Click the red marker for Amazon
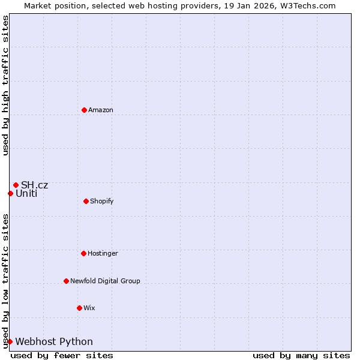coord(84,110)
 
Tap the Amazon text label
coord(100,110)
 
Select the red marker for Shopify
coord(86,201)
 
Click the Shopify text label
coord(101,201)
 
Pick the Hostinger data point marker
coord(83,253)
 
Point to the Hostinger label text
coord(103,253)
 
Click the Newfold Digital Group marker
coord(66,281)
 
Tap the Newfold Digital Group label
coord(105,281)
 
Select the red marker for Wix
coord(79,308)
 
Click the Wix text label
coord(89,308)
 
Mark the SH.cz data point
coord(16,185)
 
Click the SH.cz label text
coord(34,185)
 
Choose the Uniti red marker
coord(10,193)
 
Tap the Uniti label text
coord(26,193)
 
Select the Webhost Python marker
coord(10,341)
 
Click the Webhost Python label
coord(54,341)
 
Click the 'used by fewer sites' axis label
coord(62,355)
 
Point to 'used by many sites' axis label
coord(301,355)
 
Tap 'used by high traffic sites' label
coord(5,85)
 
